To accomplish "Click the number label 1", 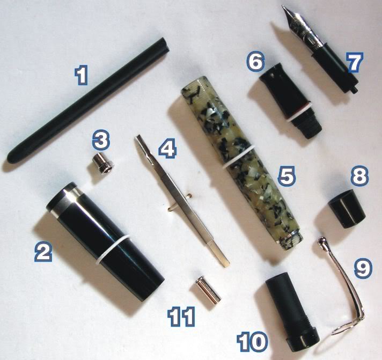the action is click(x=81, y=76).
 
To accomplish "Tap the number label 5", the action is click(x=286, y=176).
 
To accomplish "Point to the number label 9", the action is click(x=363, y=268).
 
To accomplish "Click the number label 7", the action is click(x=355, y=62).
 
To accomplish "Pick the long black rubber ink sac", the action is click(x=87, y=100).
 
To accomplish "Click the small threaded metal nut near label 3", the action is click(x=103, y=164).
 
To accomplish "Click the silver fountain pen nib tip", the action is click(x=284, y=8).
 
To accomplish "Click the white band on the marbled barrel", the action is click(x=238, y=157).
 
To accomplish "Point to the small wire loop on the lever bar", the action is click(x=179, y=202).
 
